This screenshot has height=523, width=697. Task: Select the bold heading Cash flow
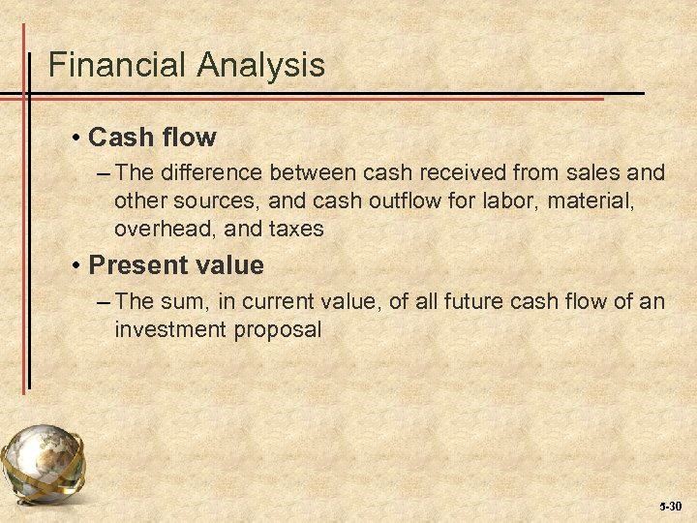pos(152,138)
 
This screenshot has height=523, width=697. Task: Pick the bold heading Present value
pos(175,264)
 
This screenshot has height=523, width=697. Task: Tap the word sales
pos(589,173)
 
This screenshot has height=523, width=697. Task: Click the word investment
pos(170,329)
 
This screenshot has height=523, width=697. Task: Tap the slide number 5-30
pos(670,507)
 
